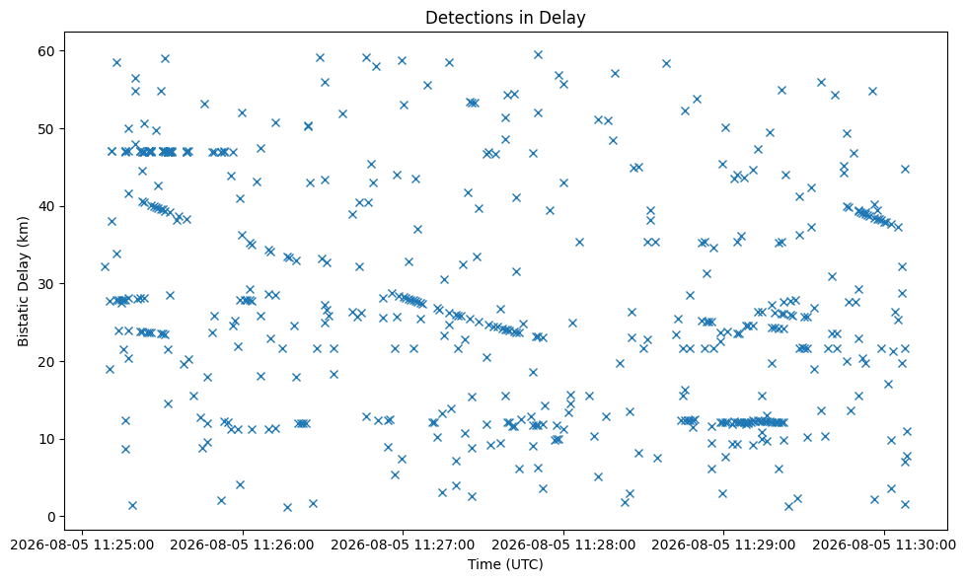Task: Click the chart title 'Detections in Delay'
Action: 505,17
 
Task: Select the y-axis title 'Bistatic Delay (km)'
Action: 24,281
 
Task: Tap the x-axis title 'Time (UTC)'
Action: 505,564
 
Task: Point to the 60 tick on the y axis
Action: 46,50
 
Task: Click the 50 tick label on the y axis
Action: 46,128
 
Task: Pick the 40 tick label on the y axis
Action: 46,206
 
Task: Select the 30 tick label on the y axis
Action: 46,284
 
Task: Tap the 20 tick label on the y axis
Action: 46,361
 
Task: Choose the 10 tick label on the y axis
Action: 46,439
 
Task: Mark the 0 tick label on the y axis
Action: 51,517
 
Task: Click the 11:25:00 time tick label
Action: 83,546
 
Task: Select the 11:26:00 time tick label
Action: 243,546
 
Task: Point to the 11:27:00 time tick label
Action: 403,546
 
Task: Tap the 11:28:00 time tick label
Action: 563,546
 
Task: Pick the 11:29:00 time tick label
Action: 723,546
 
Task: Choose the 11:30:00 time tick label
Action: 883,546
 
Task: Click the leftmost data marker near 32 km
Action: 105,266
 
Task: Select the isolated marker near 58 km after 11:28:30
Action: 666,63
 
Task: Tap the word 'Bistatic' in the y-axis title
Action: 24,323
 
